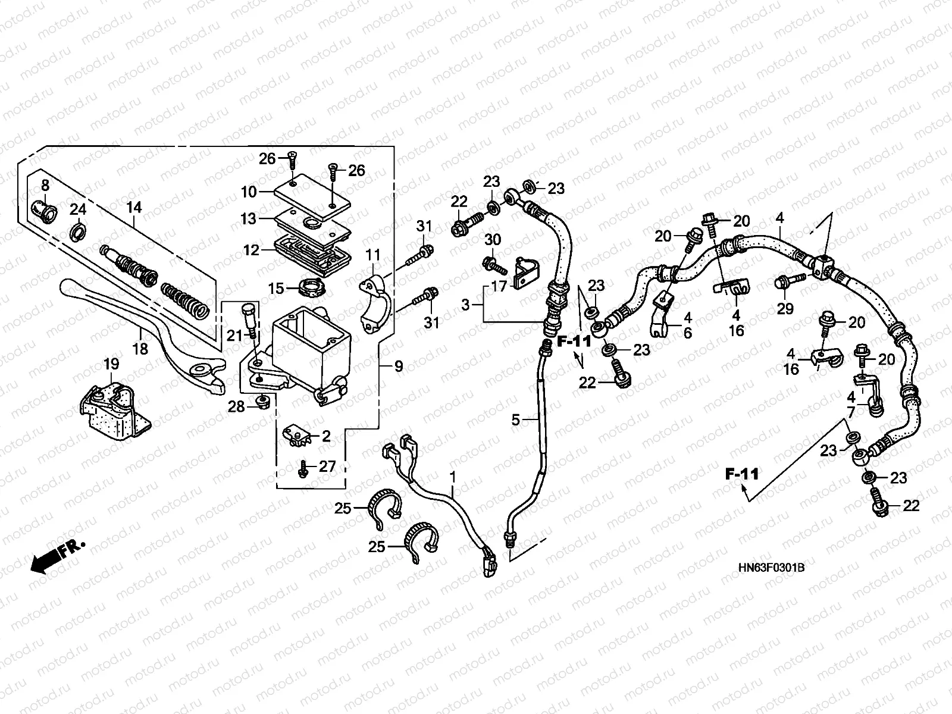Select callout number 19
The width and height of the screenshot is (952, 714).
[x=112, y=364]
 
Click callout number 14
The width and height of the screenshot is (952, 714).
[x=134, y=208]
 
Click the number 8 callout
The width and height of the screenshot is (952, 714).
[x=45, y=184]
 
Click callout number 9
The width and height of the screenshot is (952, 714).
[x=398, y=367]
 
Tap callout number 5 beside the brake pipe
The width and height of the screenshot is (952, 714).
[x=516, y=420]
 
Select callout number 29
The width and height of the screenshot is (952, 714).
[x=785, y=308]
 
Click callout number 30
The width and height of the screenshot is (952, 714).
[x=493, y=239]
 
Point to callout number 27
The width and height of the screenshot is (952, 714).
[x=327, y=466]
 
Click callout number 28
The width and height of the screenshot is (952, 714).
[x=236, y=406]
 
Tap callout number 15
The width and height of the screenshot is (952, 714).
[x=276, y=289]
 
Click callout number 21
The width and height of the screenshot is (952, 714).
[x=235, y=336]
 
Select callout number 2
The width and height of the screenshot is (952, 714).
[x=325, y=436]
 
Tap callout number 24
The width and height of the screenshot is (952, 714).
[x=78, y=209]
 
